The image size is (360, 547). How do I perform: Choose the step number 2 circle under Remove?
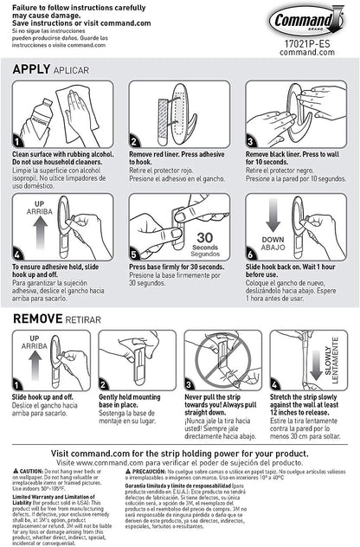(106, 387)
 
